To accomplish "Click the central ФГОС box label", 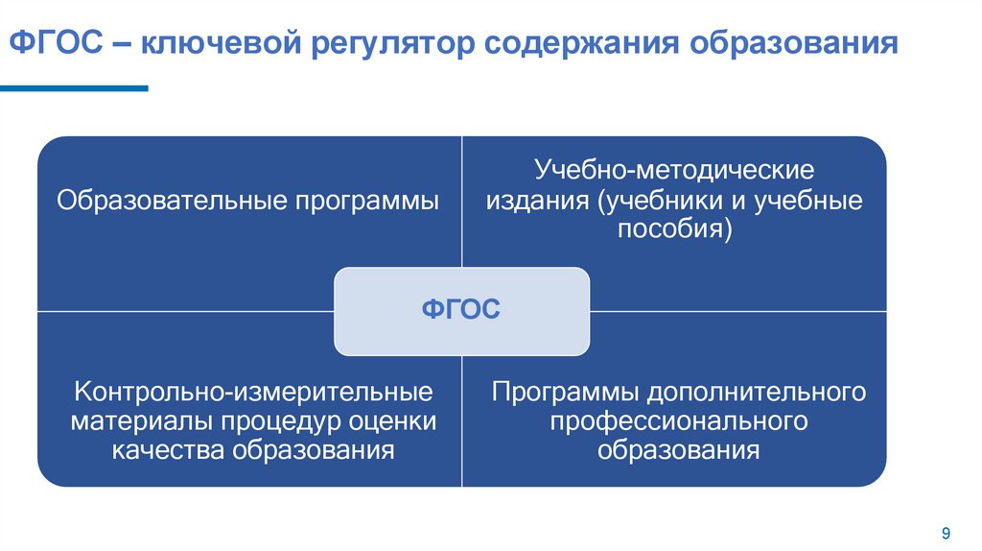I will (461, 311).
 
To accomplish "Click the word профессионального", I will (678, 422).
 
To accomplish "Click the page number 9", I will (946, 534).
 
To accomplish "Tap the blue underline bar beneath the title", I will (74, 88).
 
